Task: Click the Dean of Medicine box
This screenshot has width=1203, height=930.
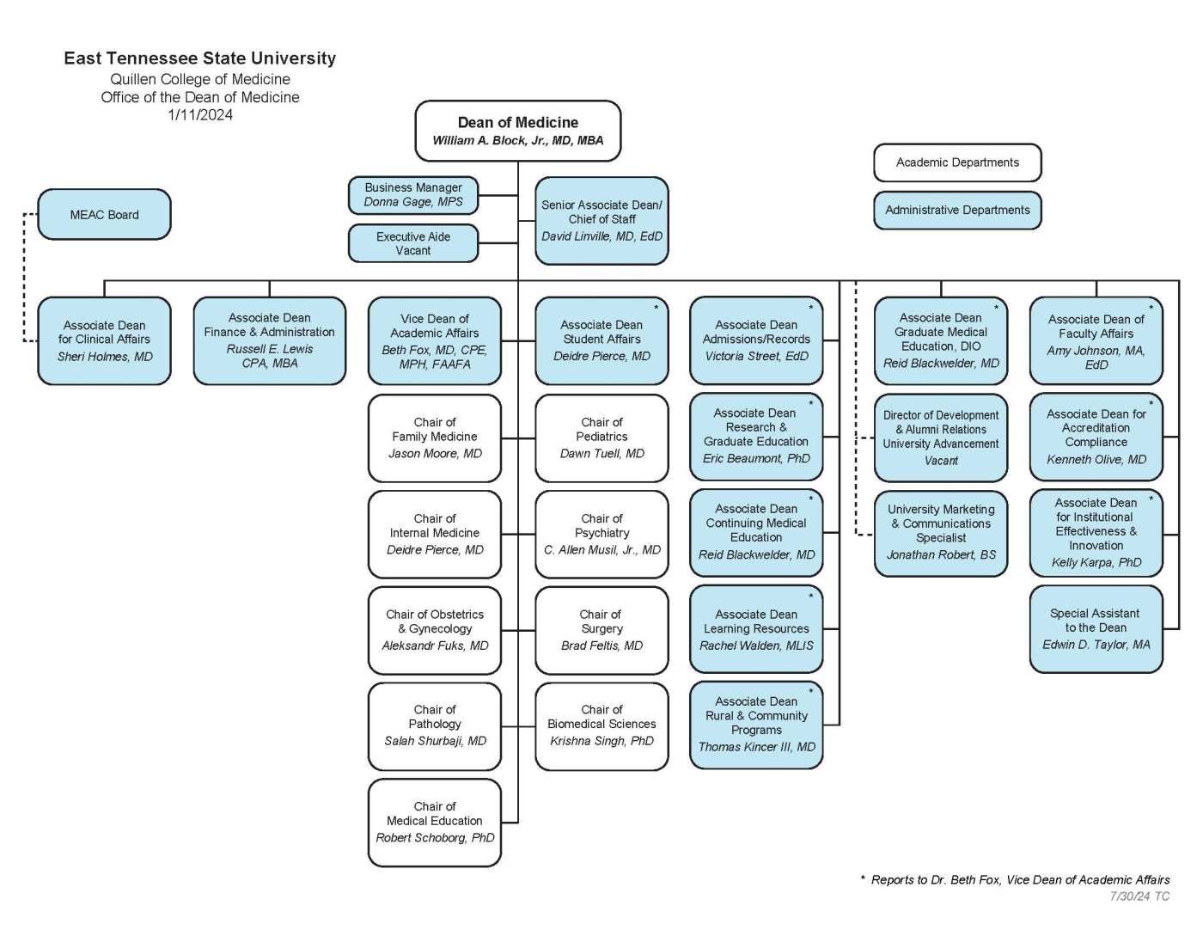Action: pyautogui.click(x=517, y=132)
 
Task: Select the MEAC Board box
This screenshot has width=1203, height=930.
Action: pyautogui.click(x=104, y=215)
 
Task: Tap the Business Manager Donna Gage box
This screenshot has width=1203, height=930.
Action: pyautogui.click(x=412, y=195)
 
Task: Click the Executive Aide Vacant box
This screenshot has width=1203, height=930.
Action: pyautogui.click(x=412, y=244)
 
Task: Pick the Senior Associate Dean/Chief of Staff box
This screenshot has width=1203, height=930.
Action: pyautogui.click(x=601, y=221)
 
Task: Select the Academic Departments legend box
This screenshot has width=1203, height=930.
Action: pyautogui.click(x=957, y=162)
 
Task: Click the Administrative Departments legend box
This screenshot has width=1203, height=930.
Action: pyautogui.click(x=957, y=211)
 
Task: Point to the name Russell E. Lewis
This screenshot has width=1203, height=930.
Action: pyautogui.click(x=270, y=349)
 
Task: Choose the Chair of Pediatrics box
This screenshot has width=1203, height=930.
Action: pyautogui.click(x=601, y=438)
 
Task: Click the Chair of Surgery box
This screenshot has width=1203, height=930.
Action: pyautogui.click(x=601, y=630)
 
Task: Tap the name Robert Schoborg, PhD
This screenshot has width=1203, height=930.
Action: pyautogui.click(x=435, y=838)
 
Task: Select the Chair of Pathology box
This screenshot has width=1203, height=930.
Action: pyautogui.click(x=435, y=725)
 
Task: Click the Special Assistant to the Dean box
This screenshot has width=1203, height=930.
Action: pyautogui.click(x=1096, y=629)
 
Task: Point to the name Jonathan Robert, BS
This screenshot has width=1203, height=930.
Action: pyautogui.click(x=941, y=555)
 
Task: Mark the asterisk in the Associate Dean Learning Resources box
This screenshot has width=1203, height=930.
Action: pyautogui.click(x=810, y=596)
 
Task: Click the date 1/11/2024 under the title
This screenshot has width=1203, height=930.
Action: pyautogui.click(x=200, y=115)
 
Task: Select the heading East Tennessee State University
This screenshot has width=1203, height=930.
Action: pyautogui.click(x=200, y=58)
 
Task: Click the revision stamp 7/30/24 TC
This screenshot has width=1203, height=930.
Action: pyautogui.click(x=1139, y=896)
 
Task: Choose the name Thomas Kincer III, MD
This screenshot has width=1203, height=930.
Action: pyautogui.click(x=756, y=748)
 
